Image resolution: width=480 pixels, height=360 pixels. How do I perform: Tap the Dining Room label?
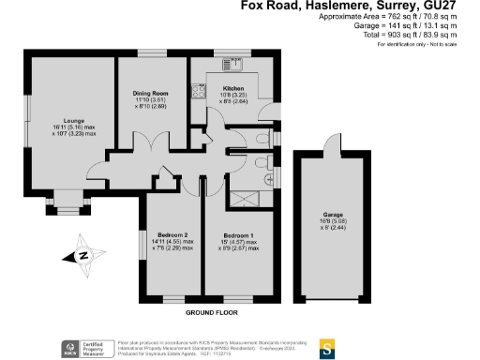(149, 93)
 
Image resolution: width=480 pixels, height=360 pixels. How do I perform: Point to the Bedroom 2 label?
(173, 233)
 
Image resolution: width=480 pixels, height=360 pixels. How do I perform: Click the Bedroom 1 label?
(237, 233)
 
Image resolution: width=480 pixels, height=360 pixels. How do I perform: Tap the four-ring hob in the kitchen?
(199, 91)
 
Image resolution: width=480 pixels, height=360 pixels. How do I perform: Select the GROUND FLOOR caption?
(208, 311)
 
